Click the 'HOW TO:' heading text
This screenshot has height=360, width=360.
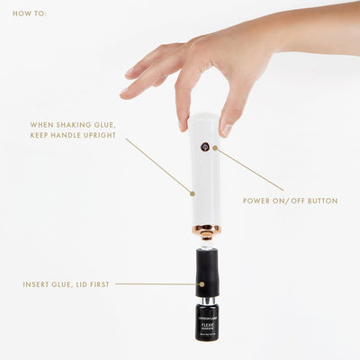click(x=30, y=14)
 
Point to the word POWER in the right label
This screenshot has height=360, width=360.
click(x=259, y=201)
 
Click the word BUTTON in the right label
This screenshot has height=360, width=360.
click(x=323, y=201)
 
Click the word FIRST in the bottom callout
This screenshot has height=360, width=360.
click(x=100, y=284)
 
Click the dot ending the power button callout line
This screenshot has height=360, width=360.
click(x=213, y=147)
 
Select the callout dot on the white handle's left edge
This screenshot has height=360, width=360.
click(x=192, y=193)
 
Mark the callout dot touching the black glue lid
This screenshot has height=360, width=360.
click(x=193, y=284)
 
